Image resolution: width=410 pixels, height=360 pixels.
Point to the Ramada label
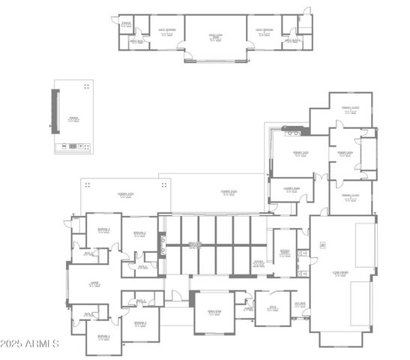73,118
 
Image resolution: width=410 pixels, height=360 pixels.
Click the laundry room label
291,188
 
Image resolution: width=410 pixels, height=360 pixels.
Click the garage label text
341,274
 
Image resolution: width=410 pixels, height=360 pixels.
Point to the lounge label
94,283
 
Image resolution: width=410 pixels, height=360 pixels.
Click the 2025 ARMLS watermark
30,343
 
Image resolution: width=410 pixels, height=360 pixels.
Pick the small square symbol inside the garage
322,244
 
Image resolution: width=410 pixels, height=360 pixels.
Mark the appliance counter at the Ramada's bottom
73,146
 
